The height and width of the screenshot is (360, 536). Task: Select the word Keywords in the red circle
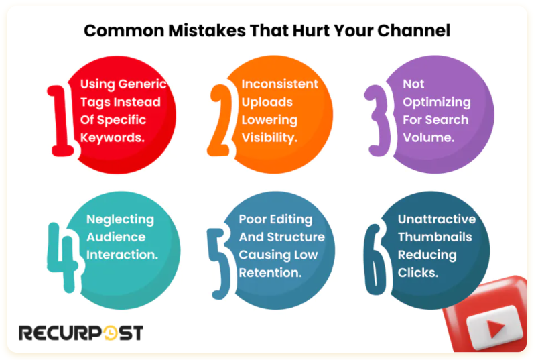[113, 137]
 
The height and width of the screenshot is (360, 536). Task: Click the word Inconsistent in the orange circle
[279, 84]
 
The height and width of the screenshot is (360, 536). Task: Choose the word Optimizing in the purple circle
[436, 103]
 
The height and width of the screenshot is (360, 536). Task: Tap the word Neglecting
[120, 219]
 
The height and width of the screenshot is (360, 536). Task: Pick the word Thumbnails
[435, 237]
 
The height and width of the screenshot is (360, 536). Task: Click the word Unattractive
[436, 219]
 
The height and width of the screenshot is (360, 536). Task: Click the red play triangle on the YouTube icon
[494, 328]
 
